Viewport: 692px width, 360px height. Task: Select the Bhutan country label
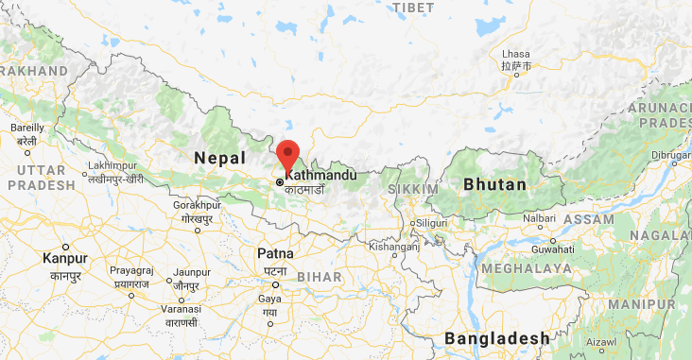click(x=494, y=185)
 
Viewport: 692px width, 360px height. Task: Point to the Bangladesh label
click(x=497, y=338)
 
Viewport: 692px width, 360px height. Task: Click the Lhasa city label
click(x=515, y=53)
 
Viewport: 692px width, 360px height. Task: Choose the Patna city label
click(x=275, y=253)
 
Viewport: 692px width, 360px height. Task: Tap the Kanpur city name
click(x=65, y=258)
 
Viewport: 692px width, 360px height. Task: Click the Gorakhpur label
click(x=198, y=204)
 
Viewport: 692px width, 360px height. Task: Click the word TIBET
click(x=413, y=8)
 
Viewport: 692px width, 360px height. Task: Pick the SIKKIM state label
click(x=414, y=190)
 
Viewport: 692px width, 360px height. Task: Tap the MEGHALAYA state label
click(x=526, y=268)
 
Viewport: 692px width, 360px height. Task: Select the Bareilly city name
click(x=26, y=128)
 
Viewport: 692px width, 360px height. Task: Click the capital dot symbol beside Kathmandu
click(x=280, y=181)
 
